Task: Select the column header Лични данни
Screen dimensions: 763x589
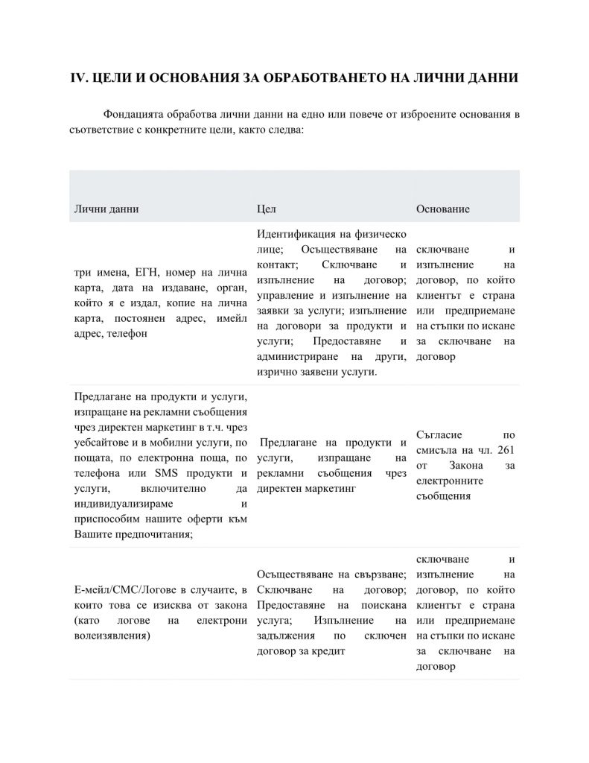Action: coord(106,209)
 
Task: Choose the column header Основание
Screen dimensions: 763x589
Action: coord(442,209)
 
